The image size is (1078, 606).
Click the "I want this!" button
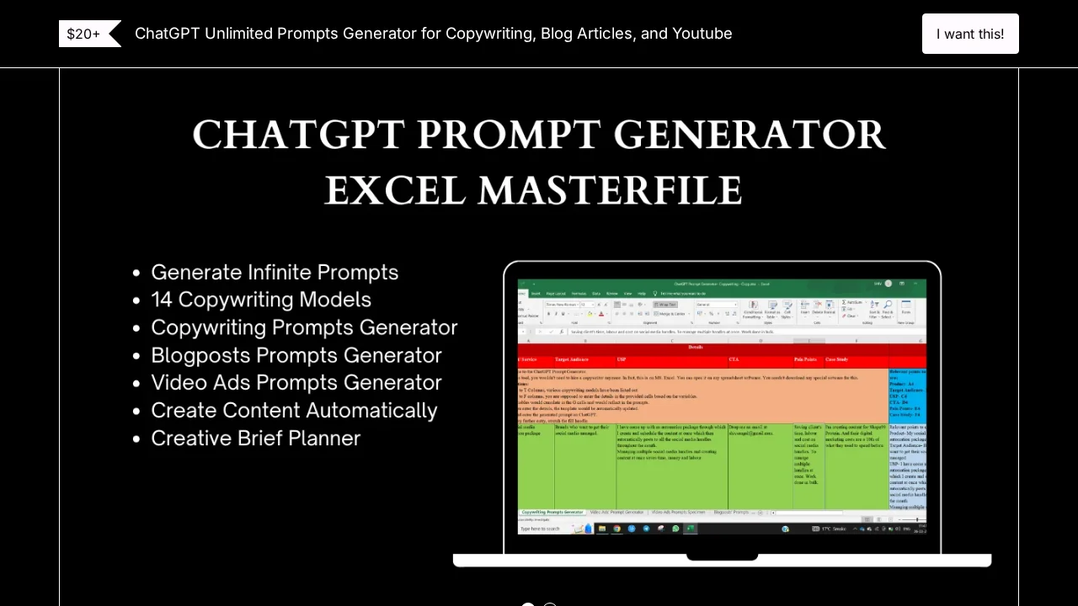(970, 34)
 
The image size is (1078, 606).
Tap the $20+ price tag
(84, 34)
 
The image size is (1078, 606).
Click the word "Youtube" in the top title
(702, 34)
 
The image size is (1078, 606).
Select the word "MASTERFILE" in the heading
(609, 190)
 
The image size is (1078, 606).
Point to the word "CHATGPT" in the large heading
(298, 135)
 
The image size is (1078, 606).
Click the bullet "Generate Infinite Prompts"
(275, 273)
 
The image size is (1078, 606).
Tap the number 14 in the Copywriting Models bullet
(162, 300)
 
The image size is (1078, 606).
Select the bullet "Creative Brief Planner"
(255, 439)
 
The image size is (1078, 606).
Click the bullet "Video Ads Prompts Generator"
(296, 383)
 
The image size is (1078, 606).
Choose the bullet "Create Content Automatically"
(294, 411)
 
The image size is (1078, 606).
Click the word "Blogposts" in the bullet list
(200, 355)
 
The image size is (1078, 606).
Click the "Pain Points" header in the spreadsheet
(805, 359)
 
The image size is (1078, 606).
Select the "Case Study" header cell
(836, 359)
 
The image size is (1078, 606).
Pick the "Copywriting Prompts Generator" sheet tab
(552, 512)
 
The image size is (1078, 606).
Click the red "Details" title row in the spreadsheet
(696, 347)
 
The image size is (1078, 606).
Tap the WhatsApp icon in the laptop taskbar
(675, 529)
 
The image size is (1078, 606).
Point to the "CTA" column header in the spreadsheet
(734, 359)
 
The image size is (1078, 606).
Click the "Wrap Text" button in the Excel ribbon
(667, 305)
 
